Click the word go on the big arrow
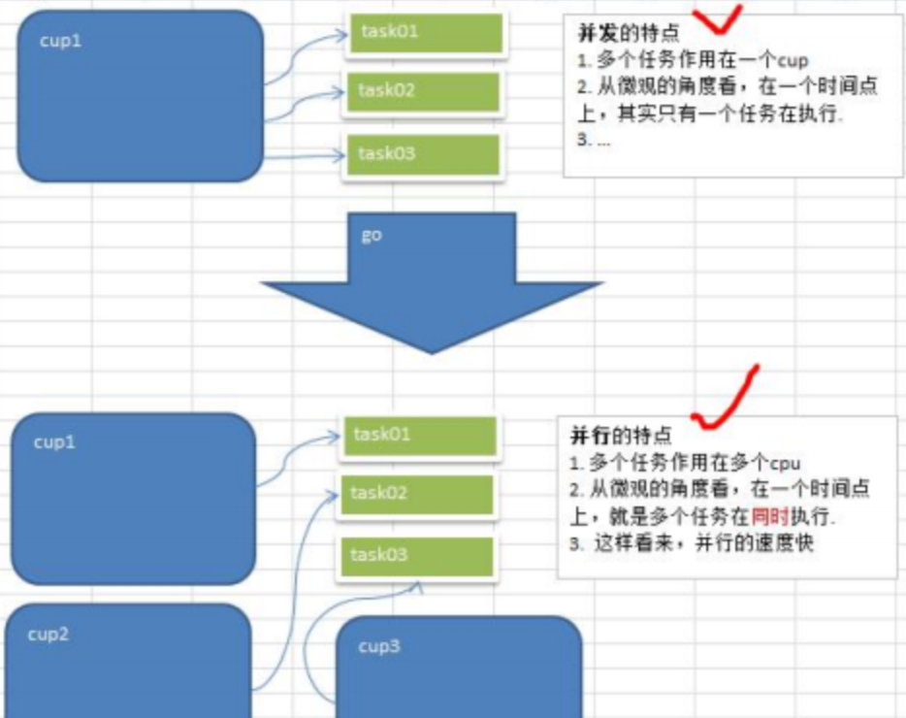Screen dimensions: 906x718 point(371,236)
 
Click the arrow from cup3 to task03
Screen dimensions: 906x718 point(320,621)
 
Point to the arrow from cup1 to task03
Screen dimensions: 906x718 point(301,154)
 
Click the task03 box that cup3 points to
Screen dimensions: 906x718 point(415,555)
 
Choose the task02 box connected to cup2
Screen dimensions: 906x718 point(415,494)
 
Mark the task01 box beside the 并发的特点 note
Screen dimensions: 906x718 point(425,32)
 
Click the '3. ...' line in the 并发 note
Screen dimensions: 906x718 point(594,139)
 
